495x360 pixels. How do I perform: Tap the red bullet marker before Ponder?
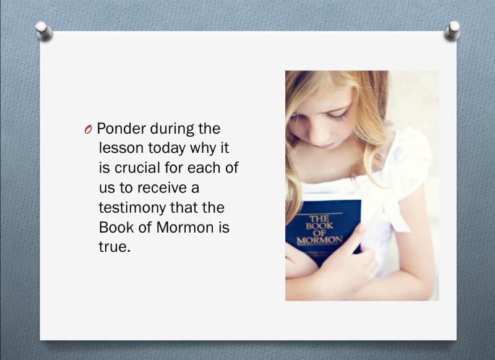(x=88, y=129)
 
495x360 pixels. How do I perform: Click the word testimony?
(x=132, y=208)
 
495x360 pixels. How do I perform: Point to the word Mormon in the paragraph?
(x=185, y=228)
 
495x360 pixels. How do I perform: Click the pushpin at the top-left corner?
(x=44, y=30)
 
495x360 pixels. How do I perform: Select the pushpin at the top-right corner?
(x=453, y=30)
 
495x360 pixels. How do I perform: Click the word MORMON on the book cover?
(x=319, y=240)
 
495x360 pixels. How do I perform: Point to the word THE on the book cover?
(x=319, y=218)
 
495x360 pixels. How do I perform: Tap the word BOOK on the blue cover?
(x=319, y=226)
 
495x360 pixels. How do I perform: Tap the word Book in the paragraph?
(x=116, y=228)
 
